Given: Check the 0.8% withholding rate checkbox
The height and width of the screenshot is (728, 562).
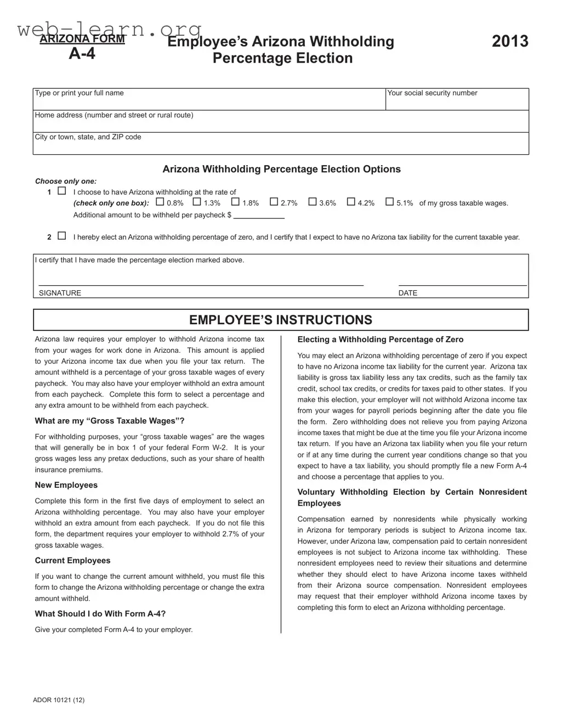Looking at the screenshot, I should coord(160,202).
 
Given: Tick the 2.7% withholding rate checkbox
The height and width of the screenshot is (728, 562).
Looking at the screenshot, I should coord(274,202).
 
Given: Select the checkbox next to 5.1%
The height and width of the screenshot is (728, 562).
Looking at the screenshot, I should coord(389,202).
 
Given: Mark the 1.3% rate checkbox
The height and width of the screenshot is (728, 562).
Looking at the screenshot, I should coord(197,202).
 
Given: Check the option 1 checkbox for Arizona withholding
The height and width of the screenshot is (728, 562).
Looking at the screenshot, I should coord(62,191).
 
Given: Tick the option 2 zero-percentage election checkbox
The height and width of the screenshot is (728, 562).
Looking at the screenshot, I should coord(62,236).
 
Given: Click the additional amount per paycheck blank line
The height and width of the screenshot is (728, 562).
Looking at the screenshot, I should coord(259,216).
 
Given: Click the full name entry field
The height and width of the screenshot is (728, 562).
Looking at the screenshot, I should coord(209,102).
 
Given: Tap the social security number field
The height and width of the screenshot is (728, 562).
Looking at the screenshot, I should coord(457,102).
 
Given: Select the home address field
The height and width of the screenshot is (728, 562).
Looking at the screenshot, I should coord(281,124).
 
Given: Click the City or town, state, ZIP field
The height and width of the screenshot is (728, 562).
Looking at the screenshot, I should coord(281,146).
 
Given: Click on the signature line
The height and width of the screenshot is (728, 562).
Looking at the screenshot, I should coord(201,281).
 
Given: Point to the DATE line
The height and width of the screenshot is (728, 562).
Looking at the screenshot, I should coord(462,281).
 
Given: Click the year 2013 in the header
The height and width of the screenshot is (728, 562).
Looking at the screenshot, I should coord(510,41).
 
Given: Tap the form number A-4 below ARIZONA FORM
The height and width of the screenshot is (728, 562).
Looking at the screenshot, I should coord(82,53).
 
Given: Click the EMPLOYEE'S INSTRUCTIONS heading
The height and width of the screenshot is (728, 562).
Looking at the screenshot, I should coord(281,320).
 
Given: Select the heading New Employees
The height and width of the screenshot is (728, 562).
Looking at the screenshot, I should coord(66,485).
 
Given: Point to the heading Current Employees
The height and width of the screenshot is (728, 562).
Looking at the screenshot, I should coord(72,560).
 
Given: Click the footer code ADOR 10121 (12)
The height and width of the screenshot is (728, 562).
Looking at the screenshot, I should coord(59,699).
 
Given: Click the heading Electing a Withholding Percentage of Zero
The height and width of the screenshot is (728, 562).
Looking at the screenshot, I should coord(381,340).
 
